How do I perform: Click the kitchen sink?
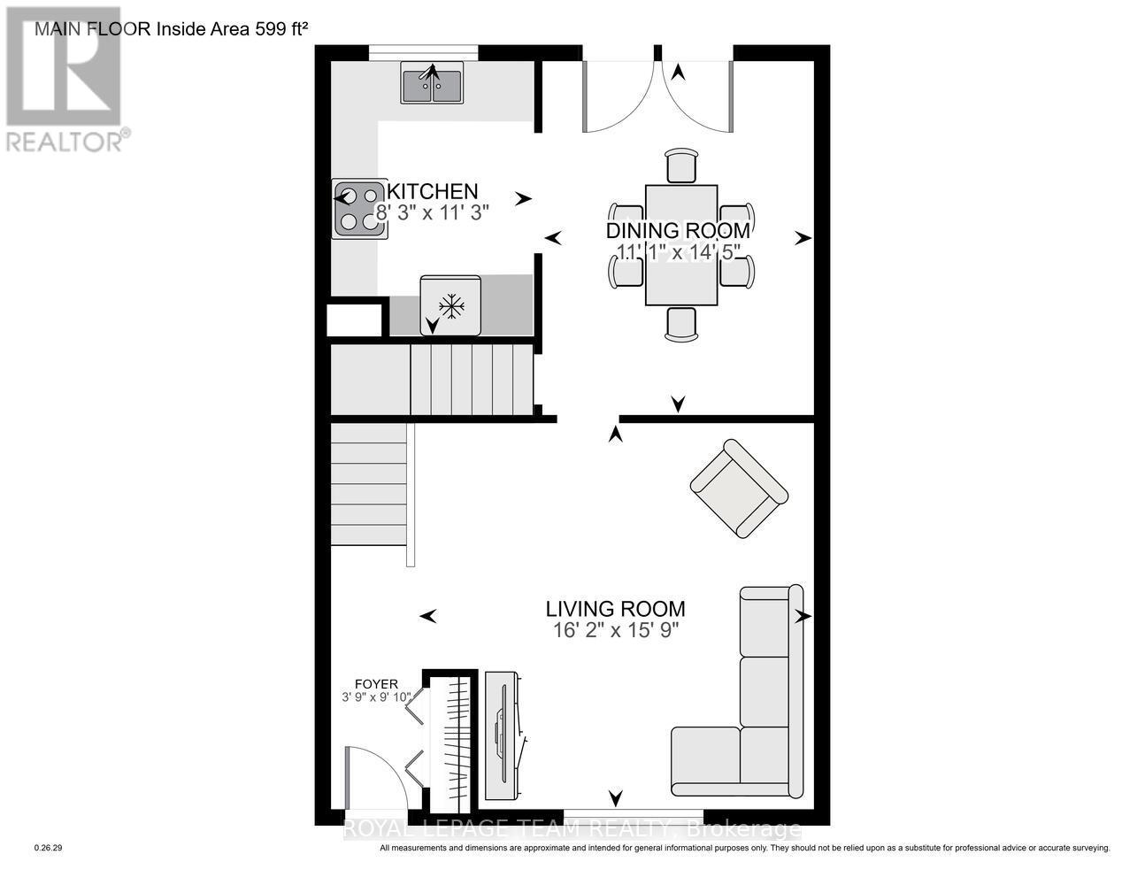[432, 82]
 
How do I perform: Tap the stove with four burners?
[359, 209]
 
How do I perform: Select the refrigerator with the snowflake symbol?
[451, 306]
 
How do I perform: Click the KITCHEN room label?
[434, 191]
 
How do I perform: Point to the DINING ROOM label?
[678, 231]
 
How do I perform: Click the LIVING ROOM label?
[615, 609]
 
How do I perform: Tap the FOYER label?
[376, 684]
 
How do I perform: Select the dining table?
[680, 244]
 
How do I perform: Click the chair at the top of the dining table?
[680, 165]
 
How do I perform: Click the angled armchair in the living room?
[739, 488]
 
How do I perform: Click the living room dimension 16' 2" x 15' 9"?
[615, 630]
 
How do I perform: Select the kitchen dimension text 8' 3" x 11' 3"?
[433, 212]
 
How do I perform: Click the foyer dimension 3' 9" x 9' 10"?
[376, 697]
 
